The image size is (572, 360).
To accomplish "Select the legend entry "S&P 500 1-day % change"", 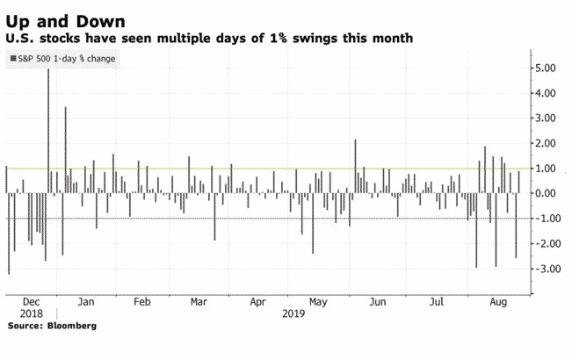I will pyautogui.click(x=64, y=59).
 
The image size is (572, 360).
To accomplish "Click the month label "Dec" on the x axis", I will pyautogui.click(x=30, y=300).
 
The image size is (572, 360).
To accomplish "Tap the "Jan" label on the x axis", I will pyautogui.click(x=87, y=300).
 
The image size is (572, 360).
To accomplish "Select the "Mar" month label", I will pyautogui.click(x=199, y=300).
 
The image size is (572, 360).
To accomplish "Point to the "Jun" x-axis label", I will pyautogui.click(x=377, y=300).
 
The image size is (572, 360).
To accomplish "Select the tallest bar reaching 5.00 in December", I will pyautogui.click(x=47, y=132).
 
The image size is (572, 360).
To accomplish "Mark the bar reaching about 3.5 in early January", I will pyautogui.click(x=65, y=149).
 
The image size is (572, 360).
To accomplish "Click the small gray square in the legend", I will pyautogui.click(x=11, y=59).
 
